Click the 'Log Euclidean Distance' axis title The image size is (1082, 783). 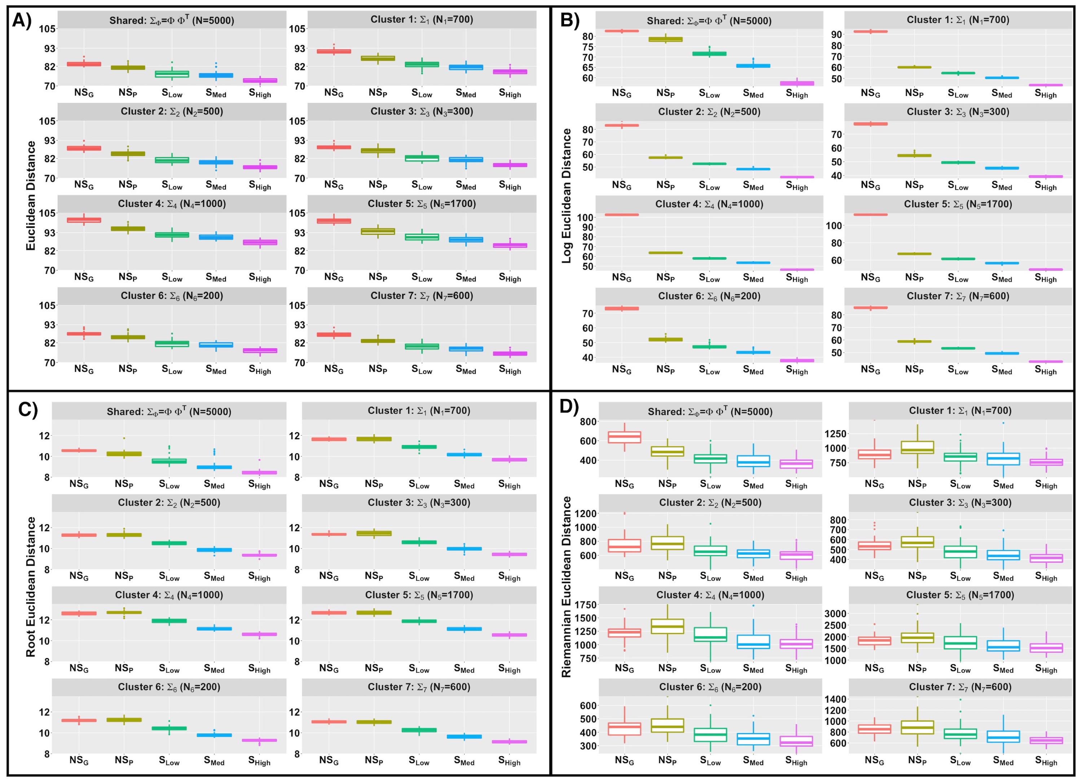pos(566,195)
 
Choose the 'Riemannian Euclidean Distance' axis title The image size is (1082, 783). pos(566,587)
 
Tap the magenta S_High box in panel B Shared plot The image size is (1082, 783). pos(797,83)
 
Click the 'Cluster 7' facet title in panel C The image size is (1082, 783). pos(419,687)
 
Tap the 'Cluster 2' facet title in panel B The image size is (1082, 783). pos(709,112)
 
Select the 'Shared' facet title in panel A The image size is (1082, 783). pos(172,21)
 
